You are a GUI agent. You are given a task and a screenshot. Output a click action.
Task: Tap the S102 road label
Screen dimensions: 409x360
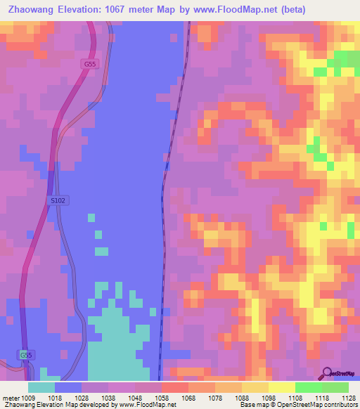(x=58, y=200)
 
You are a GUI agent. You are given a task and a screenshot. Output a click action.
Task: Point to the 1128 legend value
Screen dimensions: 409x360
(x=347, y=397)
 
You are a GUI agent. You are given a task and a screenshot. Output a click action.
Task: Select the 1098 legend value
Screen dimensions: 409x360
(x=267, y=397)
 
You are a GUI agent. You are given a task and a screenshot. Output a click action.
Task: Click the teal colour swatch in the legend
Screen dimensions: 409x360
(x=41, y=387)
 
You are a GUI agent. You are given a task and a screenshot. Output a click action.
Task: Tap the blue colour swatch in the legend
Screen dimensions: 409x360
(x=68, y=387)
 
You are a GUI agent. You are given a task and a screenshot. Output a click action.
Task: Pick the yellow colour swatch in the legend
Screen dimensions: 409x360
(x=282, y=387)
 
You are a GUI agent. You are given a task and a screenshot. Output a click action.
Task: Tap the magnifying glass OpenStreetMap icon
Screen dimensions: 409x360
(x=327, y=375)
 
